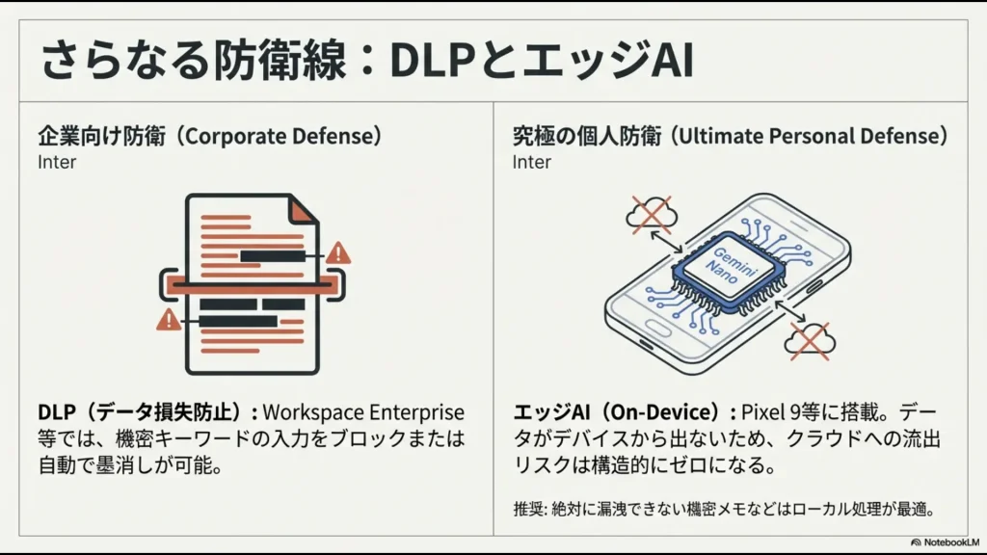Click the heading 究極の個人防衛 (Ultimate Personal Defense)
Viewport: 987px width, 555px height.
730,136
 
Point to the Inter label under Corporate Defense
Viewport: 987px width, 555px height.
57,162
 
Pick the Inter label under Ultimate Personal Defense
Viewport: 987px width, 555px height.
531,162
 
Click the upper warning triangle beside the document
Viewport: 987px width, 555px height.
338,253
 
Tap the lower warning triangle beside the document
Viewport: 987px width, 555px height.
169,320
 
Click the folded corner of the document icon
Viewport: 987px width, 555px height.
304,210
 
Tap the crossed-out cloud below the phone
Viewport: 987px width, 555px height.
811,339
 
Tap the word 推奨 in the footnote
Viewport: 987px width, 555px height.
527,508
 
